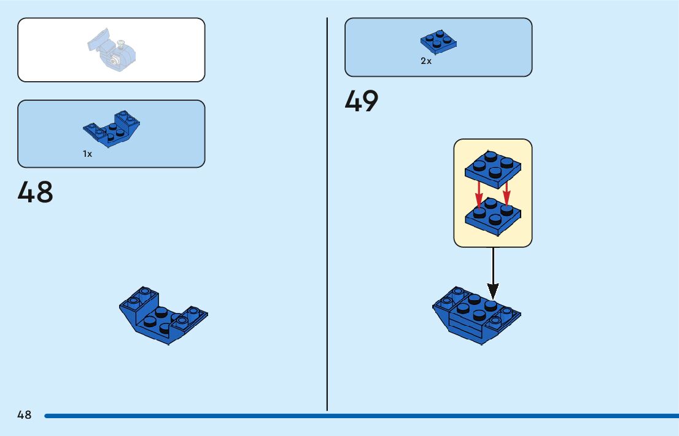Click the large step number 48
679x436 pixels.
pos(36,192)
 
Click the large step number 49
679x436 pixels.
pos(362,101)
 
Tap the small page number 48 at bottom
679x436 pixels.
pos(24,415)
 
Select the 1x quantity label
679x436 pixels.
pos(88,154)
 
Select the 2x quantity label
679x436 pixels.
pos(426,61)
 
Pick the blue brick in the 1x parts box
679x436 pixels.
pos(112,129)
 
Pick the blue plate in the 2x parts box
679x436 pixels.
pos(439,42)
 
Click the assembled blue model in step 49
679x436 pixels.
pos(476,315)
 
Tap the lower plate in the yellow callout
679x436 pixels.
pos(492,216)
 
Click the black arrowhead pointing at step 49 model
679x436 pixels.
pos(492,290)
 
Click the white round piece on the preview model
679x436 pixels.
pos(115,60)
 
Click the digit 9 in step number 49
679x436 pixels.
pos(370,101)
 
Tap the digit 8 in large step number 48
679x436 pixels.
pos(45,192)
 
